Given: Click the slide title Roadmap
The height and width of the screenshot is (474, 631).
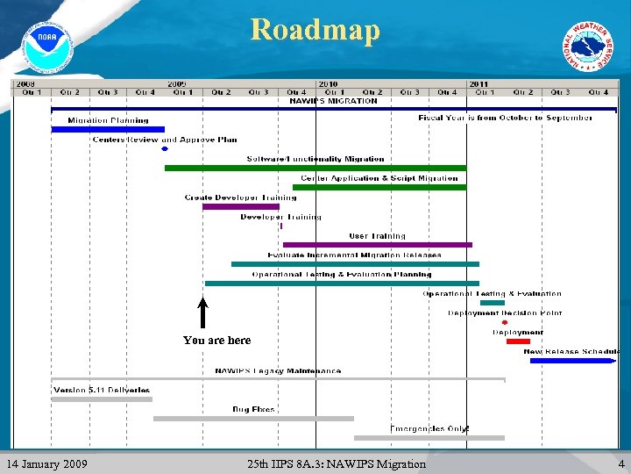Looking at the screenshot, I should tap(315, 29).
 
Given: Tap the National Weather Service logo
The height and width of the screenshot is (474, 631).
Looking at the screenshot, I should tap(589, 47).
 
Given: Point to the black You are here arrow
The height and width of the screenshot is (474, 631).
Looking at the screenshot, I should tap(202, 313).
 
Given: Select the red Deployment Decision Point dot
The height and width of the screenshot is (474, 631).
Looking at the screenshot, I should tap(505, 322).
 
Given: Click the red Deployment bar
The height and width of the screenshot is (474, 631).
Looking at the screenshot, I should tap(518, 341).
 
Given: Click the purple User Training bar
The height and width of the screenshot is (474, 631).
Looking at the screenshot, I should tap(377, 245).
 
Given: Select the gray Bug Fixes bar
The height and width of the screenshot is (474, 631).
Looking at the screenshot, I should tap(253, 419).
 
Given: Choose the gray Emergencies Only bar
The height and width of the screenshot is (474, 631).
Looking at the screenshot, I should tap(429, 437).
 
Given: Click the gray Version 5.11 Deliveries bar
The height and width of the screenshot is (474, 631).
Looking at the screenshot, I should tap(101, 399).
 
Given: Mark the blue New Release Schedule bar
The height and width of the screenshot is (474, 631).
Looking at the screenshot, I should tap(574, 360).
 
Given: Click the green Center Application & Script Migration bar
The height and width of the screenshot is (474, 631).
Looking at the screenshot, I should tap(379, 187).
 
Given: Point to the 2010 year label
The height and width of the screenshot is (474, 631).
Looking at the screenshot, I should tap(328, 84).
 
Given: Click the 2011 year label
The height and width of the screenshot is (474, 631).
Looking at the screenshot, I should tap(479, 84).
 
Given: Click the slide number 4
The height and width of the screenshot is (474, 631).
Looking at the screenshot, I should tap(620, 463).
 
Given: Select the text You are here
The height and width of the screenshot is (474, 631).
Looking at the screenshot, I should tap(216, 341).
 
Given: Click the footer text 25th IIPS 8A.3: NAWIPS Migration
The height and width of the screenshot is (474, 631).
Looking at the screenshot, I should tap(337, 463).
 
